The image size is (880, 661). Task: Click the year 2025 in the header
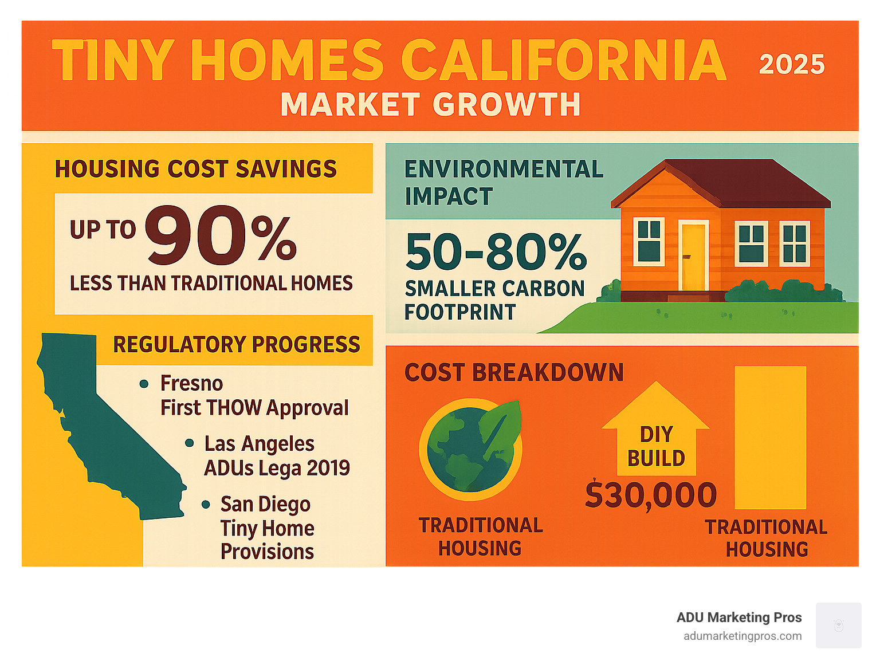pos(791,64)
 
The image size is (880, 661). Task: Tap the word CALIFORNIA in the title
pos(564,60)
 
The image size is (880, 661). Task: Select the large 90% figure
pos(221,235)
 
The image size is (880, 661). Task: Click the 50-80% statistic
pos(496,251)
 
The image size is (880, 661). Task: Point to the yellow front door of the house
pos(693,257)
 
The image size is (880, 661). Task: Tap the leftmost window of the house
pos(649,241)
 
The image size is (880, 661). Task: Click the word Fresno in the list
pos(191,383)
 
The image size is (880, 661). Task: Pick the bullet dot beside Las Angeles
pos(189,443)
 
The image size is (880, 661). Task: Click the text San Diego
pos(265,505)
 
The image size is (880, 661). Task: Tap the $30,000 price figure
pos(651,495)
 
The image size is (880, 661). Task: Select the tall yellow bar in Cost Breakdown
pos(770,438)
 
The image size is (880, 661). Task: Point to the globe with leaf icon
pos(471,449)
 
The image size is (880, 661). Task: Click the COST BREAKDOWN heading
pos(514,372)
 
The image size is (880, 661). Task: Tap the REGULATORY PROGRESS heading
pos(237,344)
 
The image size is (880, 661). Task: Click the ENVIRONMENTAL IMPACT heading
pos(504,182)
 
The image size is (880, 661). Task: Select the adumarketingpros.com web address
pos(742,636)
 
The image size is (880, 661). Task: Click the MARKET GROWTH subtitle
pos(431,104)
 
